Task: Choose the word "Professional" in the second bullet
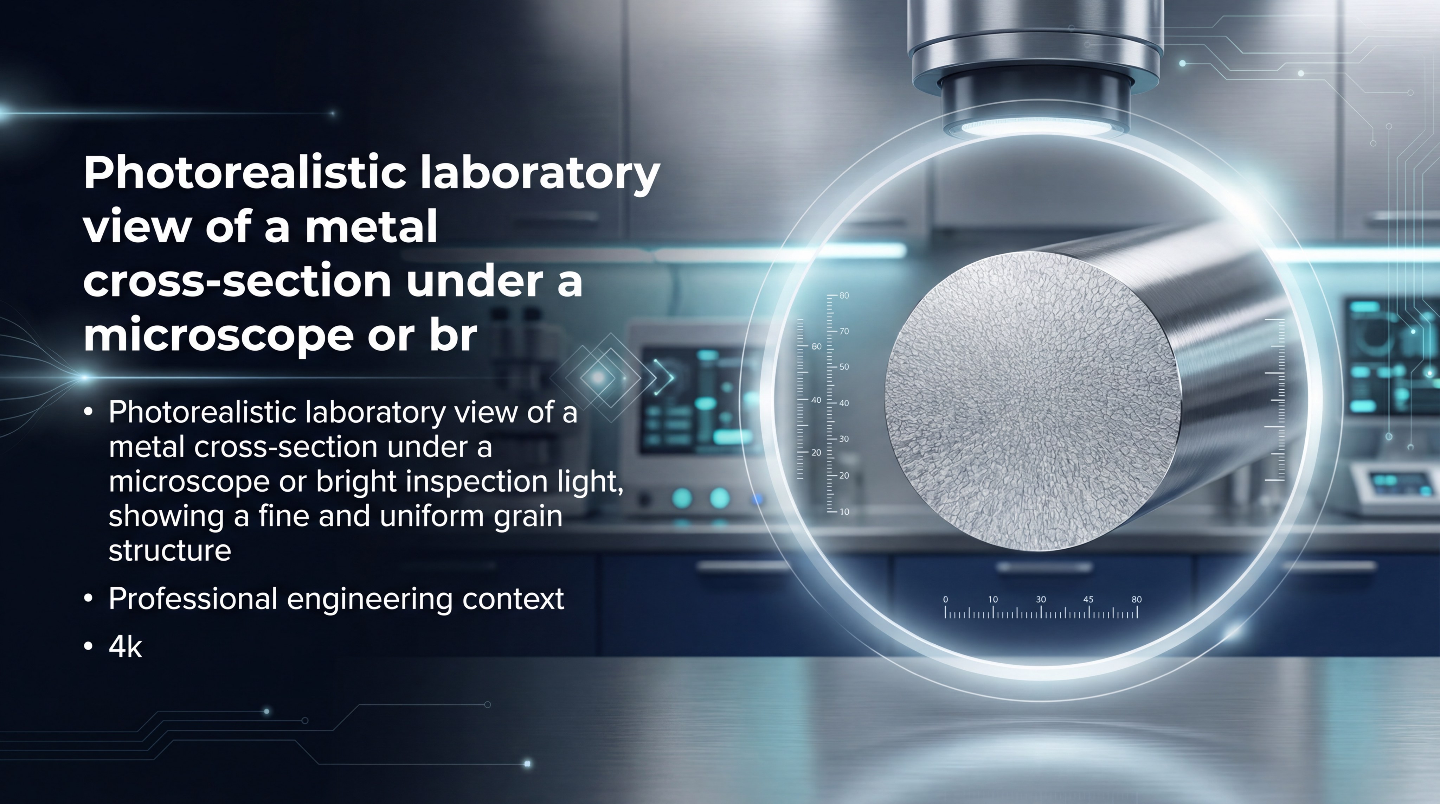(193, 599)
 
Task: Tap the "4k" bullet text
(125, 647)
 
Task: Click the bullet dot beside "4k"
(88, 647)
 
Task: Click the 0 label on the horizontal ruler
(945, 599)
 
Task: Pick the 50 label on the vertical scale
(844, 367)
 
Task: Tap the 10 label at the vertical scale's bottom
(844, 512)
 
